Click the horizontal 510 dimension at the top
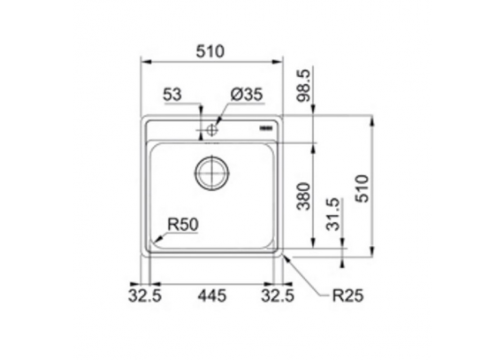[x=210, y=51]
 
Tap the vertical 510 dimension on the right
[x=363, y=188]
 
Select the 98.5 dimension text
[x=304, y=86]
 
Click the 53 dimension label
[x=172, y=95]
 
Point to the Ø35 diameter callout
[x=247, y=95]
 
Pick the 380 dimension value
[x=304, y=196]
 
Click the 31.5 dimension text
[x=333, y=214]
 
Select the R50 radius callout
[x=183, y=225]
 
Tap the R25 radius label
[x=347, y=295]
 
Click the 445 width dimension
[x=212, y=295]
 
